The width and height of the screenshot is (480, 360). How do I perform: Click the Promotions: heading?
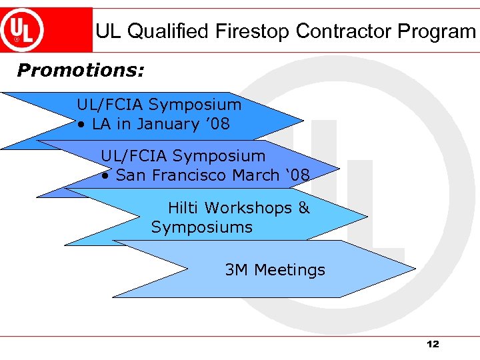pos(81,70)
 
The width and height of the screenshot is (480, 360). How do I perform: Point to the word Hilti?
pos(183,208)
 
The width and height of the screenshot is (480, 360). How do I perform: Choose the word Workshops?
pos(248,208)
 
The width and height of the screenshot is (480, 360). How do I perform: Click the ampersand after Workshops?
pos(304,208)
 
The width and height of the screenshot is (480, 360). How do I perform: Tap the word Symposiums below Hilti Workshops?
pos(201,227)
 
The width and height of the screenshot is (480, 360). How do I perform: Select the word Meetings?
pos(289,270)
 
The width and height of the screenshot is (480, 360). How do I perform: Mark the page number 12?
pos(433,345)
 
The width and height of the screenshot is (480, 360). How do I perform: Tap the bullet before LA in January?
pos(80,125)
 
